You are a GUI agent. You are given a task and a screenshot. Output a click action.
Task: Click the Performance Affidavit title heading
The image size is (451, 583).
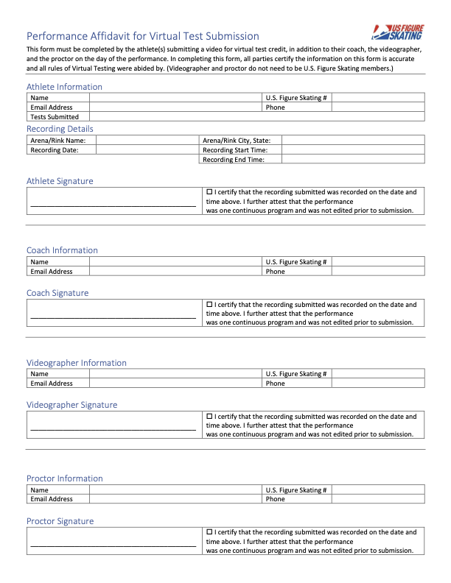click(142, 36)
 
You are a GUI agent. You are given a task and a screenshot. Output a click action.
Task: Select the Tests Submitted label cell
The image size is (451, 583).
click(55, 116)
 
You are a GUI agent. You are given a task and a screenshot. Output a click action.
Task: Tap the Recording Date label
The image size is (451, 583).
click(54, 149)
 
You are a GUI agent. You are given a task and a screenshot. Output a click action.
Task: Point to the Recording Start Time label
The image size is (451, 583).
click(234, 149)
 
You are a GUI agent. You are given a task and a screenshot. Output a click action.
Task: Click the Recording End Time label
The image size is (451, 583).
click(233, 159)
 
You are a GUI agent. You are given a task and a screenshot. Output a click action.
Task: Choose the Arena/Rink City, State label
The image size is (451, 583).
click(236, 140)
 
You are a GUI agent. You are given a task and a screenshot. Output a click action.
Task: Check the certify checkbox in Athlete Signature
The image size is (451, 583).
click(210, 191)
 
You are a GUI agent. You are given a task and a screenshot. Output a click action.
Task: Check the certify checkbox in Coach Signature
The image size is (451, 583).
click(210, 304)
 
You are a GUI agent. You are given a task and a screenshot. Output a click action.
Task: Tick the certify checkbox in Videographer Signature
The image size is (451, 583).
click(210, 416)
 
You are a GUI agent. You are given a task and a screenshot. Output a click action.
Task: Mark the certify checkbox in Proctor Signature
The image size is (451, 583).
click(210, 531)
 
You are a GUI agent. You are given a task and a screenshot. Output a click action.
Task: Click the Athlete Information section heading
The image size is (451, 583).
click(64, 87)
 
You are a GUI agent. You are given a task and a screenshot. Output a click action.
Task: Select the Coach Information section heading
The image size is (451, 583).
click(62, 250)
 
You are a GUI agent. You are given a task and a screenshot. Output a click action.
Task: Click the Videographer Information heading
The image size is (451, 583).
click(77, 363)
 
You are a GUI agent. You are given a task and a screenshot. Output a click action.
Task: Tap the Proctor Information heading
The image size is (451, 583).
click(65, 478)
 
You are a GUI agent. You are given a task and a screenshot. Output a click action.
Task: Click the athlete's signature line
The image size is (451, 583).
click(113, 207)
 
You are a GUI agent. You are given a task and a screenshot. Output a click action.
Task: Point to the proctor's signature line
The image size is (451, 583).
click(113, 547)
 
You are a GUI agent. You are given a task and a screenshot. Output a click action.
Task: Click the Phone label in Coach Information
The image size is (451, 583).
click(276, 271)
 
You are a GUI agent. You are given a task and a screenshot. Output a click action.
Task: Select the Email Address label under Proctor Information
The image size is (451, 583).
click(52, 499)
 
